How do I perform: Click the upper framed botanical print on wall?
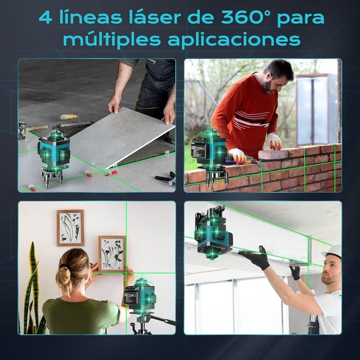(70, 228)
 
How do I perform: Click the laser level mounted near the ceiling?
(212, 233)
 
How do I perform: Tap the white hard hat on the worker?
(335, 251)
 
